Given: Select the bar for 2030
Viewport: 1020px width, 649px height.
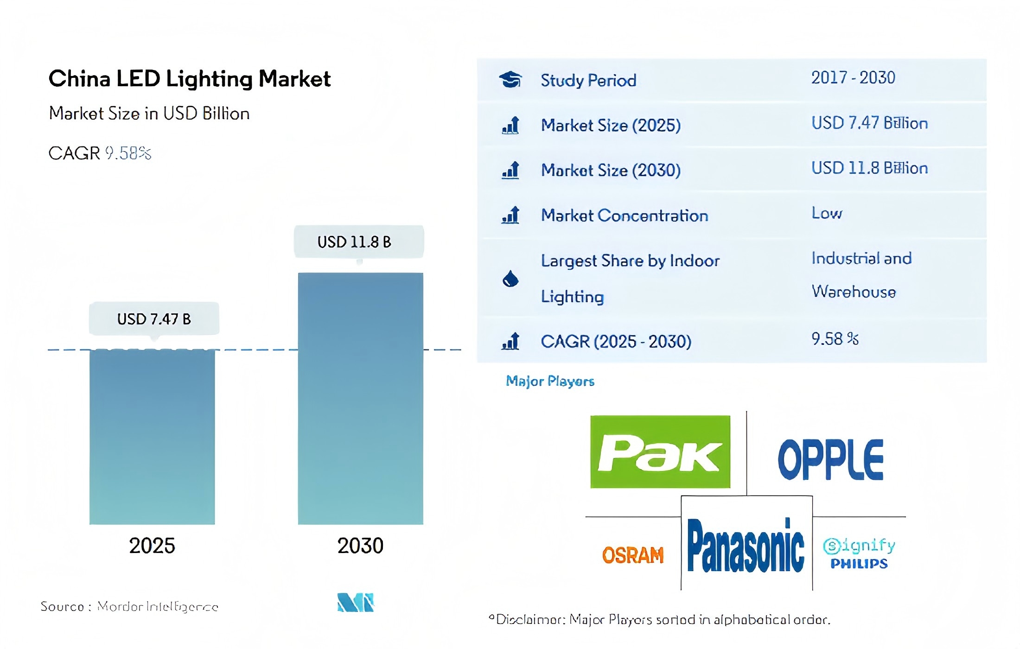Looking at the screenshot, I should [x=360, y=399].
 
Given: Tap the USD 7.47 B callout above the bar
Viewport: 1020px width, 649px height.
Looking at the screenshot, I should [x=154, y=319].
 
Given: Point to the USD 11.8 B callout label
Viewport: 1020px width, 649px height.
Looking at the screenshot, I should [x=358, y=242].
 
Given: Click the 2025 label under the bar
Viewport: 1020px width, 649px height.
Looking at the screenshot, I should [x=152, y=546].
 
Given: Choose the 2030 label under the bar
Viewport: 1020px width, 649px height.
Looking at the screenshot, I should [x=360, y=546].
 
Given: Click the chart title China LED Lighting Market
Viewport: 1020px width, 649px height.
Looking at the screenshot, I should [x=189, y=79].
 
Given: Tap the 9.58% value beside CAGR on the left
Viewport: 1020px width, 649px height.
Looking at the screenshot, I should [x=128, y=153].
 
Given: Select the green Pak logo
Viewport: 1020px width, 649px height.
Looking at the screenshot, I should [x=660, y=452].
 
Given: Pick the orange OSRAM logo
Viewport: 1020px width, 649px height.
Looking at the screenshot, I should [x=633, y=555].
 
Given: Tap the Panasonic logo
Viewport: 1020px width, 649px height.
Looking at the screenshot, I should [x=746, y=546].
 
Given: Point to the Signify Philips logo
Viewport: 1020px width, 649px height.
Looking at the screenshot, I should [x=859, y=554].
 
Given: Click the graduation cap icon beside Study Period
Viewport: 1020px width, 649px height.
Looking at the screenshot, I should [x=510, y=80].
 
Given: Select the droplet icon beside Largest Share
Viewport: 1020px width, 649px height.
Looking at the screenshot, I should [x=510, y=279].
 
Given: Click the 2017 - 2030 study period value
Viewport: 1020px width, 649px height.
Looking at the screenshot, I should [x=853, y=78].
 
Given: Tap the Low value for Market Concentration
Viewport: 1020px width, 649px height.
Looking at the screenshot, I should [x=827, y=213].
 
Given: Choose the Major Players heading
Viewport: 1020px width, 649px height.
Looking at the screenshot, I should [x=550, y=381].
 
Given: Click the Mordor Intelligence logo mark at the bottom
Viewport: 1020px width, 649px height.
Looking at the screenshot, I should [x=356, y=602].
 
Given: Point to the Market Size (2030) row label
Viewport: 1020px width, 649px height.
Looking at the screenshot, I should [x=611, y=170].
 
